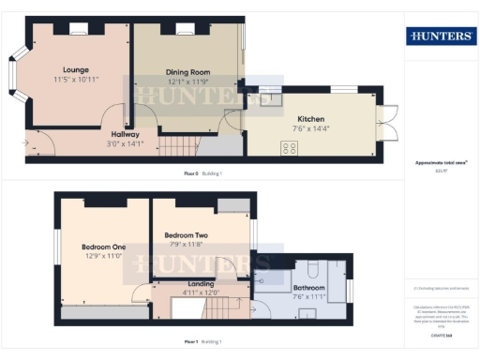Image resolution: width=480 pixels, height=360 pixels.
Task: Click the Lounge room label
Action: (76, 69)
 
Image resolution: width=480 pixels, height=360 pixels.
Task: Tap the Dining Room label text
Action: (187, 71)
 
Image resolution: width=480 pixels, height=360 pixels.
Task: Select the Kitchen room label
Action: (311, 120)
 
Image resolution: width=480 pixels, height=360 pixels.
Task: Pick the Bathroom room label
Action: (308, 288)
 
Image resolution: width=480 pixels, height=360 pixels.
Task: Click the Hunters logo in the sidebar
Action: (441, 37)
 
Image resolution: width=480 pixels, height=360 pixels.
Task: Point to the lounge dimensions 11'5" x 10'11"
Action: (76, 80)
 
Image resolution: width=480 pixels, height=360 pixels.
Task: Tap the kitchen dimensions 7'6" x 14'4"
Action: (311, 129)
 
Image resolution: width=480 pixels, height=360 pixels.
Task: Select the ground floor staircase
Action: (186, 145)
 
